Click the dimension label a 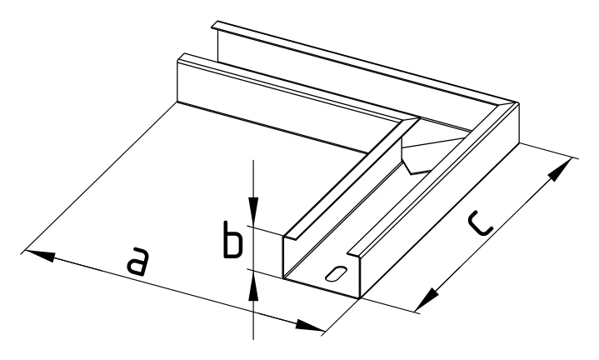tap(137, 262)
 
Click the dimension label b tap(232, 240)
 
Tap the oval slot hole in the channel tap(337, 273)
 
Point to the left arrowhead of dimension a tap(39, 256)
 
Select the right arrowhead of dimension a tap(310, 326)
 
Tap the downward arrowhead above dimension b tap(253, 210)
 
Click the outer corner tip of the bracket tap(517, 102)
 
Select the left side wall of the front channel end tap(284, 257)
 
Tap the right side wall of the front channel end tap(359, 277)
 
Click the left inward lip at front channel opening tap(292, 236)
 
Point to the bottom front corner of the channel tap(359, 297)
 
